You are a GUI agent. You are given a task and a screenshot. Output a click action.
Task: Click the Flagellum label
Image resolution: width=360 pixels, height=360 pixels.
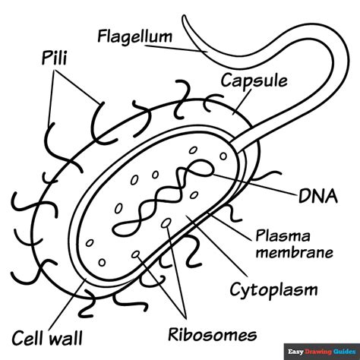click(x=134, y=36)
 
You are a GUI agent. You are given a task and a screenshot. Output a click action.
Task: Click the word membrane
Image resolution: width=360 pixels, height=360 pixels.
click(x=292, y=253)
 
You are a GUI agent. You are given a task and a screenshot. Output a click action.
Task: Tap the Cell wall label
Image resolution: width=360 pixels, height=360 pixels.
click(x=47, y=336)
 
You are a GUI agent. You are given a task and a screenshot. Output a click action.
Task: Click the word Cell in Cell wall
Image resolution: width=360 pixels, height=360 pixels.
click(x=29, y=336)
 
